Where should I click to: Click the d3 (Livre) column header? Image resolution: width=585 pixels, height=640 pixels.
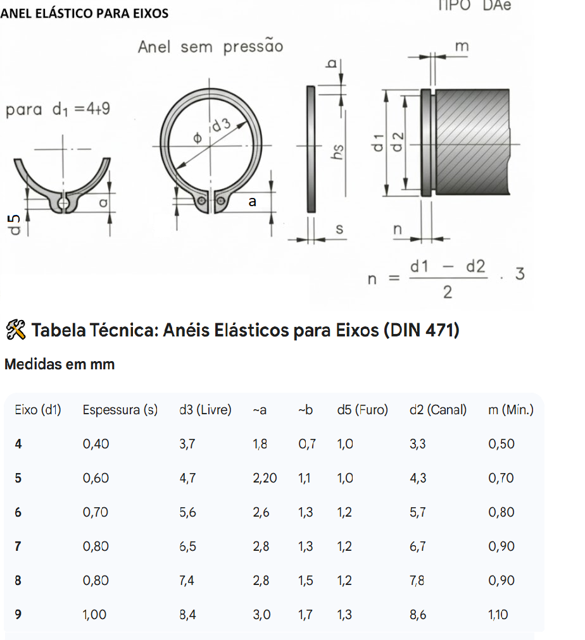[205, 410]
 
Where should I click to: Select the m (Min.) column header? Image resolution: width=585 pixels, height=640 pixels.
[511, 410]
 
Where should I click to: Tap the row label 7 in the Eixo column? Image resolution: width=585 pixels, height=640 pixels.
[18, 546]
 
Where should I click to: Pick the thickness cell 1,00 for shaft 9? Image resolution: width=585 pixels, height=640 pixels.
[94, 614]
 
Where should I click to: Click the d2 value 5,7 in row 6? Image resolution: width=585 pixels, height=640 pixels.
[417, 512]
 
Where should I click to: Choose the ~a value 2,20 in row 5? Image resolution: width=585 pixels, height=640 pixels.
[265, 478]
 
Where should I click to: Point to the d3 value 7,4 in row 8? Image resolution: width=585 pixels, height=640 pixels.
[187, 581]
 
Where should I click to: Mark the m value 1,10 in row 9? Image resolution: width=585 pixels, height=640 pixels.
[498, 614]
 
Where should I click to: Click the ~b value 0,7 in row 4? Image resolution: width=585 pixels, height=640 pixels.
[307, 444]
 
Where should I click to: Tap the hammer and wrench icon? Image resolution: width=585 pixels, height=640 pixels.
[16, 329]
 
